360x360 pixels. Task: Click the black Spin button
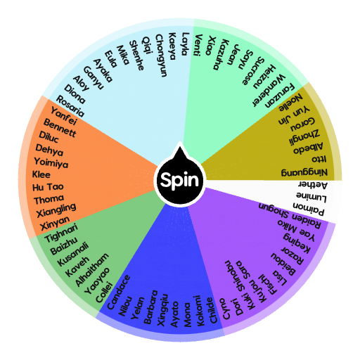coord(180,180)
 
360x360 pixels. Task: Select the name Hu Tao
coord(48,187)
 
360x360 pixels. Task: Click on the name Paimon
coord(309,209)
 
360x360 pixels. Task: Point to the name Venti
coord(198,45)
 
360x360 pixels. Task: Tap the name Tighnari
coord(61,233)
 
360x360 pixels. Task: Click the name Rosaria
coord(70,106)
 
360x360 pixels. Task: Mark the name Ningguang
coord(304,172)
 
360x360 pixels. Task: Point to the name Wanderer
coord(269,91)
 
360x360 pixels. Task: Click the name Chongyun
coord(162,56)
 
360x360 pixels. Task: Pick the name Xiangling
coord(56,210)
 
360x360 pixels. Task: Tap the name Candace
coord(118,292)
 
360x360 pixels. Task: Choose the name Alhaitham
coord(92,269)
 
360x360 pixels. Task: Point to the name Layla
coord(186,44)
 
